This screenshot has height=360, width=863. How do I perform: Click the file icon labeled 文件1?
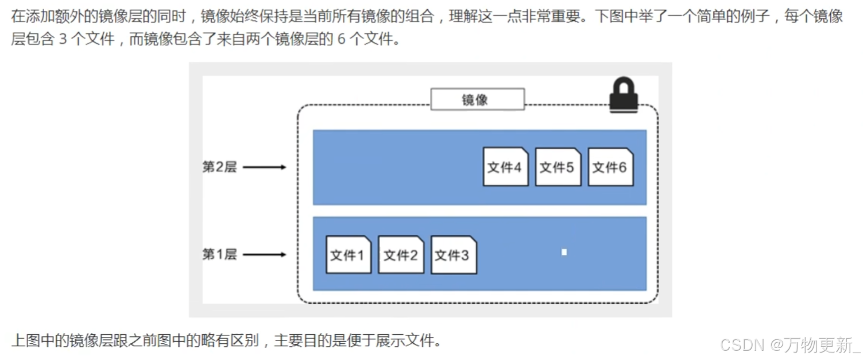349,254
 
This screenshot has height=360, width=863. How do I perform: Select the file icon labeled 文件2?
401,254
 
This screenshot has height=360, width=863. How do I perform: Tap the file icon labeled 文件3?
453,254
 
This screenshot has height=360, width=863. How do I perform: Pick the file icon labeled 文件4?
505,167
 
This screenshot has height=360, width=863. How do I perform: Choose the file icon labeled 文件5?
558,167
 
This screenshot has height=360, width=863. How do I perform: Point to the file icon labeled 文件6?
610,167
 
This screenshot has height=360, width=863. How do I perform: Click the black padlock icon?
623,95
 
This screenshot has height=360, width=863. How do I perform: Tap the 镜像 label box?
477,99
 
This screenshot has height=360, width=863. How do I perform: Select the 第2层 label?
219,167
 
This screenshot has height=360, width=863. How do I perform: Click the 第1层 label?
219,254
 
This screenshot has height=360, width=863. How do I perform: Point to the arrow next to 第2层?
264,167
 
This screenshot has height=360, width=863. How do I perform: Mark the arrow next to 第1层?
264,254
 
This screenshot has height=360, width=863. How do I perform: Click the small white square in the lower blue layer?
564,252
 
